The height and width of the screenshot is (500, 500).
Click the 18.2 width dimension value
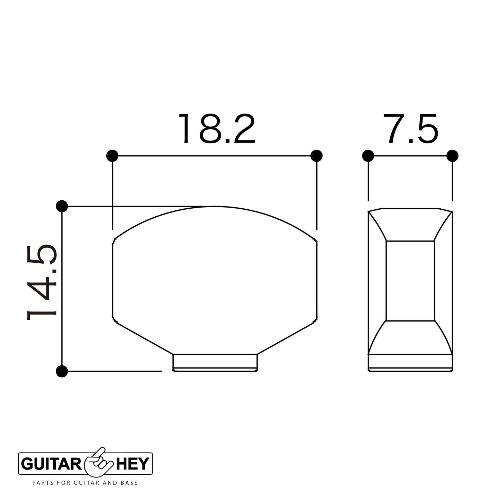click(x=217, y=129)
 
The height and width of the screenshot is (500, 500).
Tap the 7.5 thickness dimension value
click(x=411, y=129)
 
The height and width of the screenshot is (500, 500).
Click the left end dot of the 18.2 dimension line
click(x=112, y=156)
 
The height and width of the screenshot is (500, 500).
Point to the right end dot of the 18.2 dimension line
click(x=317, y=156)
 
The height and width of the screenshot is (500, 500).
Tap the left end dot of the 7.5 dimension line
click(x=368, y=156)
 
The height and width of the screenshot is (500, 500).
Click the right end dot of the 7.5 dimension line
click(x=453, y=156)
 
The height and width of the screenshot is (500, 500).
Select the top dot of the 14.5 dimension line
click(x=62, y=207)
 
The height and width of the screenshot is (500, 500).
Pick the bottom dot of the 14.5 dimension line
click(x=62, y=371)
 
